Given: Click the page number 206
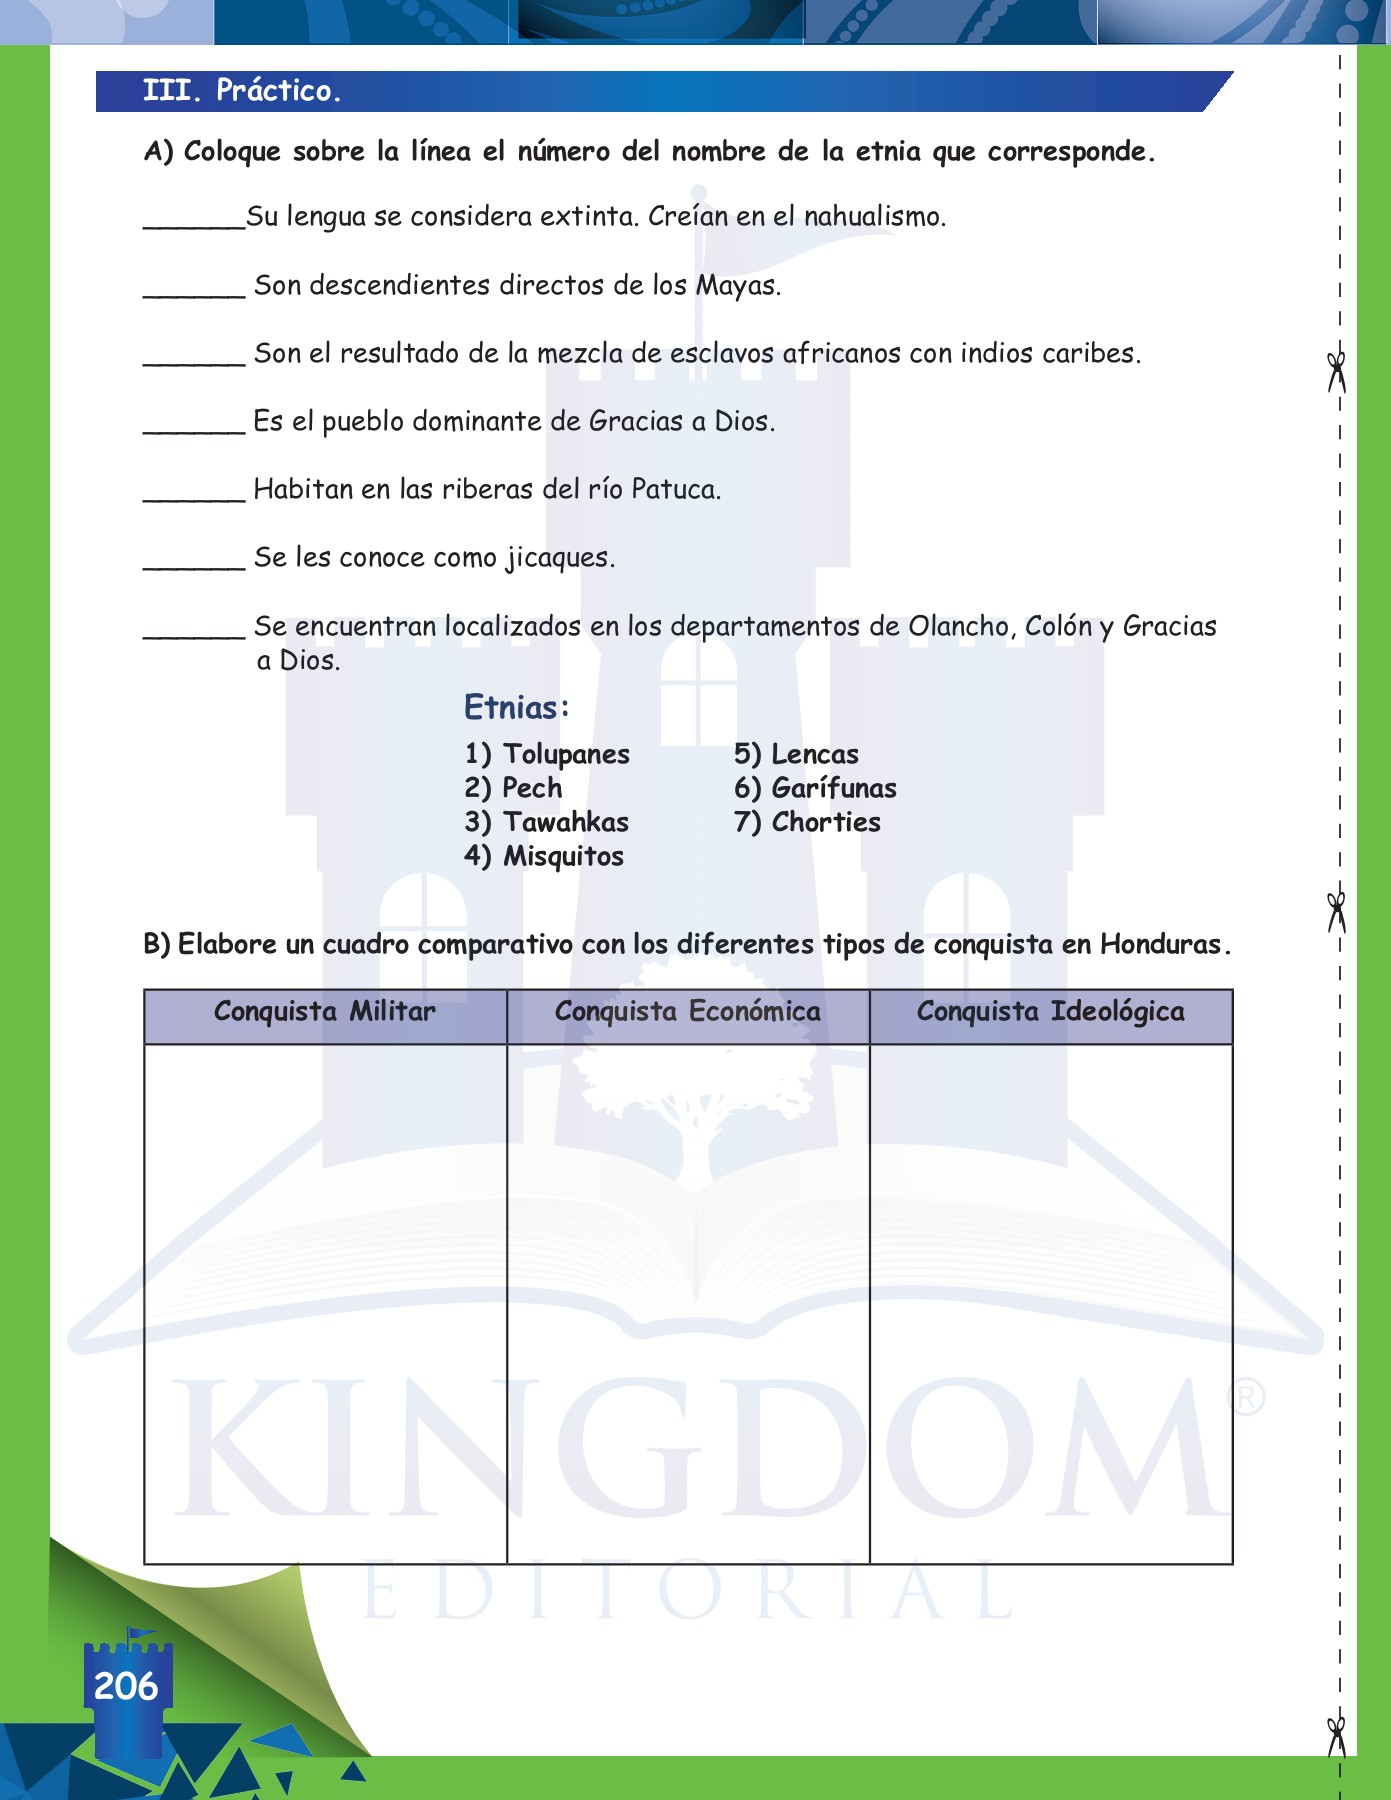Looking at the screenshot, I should [x=126, y=1686].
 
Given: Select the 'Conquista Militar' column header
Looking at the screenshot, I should [x=325, y=1012].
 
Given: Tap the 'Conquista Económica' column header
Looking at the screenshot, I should [x=688, y=1012].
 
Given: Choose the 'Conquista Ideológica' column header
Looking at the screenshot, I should [x=1051, y=1012].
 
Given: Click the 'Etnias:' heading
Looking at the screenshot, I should [x=516, y=708].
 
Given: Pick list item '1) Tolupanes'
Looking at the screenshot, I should [x=547, y=754].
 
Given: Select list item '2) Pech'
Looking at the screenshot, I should [x=513, y=788].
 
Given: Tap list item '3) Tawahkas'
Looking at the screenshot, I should [x=547, y=822].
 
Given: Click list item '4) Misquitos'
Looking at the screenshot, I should [x=544, y=856].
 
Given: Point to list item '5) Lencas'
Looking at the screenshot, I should [x=796, y=754].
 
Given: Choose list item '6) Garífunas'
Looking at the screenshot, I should [x=815, y=788].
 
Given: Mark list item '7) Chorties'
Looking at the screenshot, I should [x=807, y=822].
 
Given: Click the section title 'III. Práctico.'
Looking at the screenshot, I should [x=242, y=91].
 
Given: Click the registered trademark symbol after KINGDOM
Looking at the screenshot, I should [x=1248, y=1397].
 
